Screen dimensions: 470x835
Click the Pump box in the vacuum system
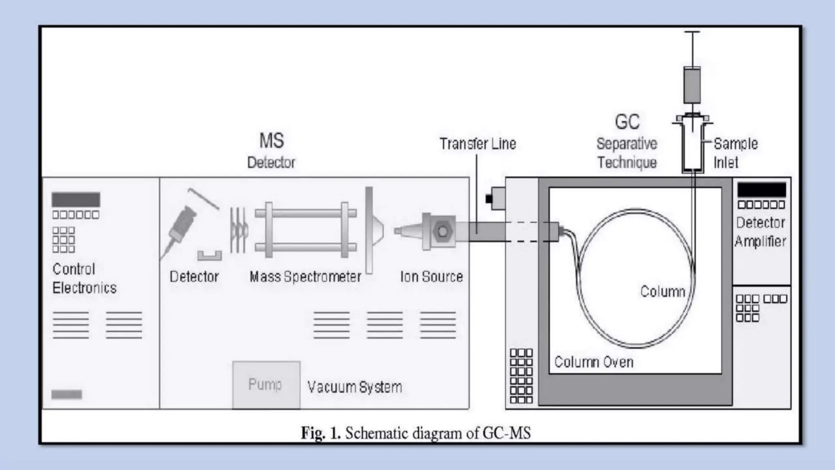(266, 384)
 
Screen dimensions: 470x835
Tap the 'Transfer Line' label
(477, 144)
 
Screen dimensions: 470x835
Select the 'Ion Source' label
(431, 277)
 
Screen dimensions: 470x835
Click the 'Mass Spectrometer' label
(305, 277)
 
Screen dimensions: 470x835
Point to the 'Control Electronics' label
(84, 279)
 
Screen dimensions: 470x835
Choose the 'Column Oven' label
(594, 362)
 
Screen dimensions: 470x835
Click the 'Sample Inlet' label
(735, 153)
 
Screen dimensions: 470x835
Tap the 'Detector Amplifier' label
(760, 232)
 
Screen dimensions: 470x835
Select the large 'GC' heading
(627, 122)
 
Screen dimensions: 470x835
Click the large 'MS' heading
(272, 141)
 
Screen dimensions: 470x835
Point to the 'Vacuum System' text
(354, 387)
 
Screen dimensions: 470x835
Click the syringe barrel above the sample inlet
(692, 86)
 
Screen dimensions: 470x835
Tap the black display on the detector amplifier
(761, 190)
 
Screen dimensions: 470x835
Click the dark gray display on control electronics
(76, 200)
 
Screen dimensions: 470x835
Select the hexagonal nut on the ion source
(442, 231)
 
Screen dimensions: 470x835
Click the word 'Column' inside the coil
(663, 291)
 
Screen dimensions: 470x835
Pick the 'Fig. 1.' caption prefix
(320, 433)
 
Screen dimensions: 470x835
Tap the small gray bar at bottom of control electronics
(66, 394)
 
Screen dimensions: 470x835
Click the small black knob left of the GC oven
(489, 199)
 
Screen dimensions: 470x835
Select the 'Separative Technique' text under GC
(627, 153)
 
